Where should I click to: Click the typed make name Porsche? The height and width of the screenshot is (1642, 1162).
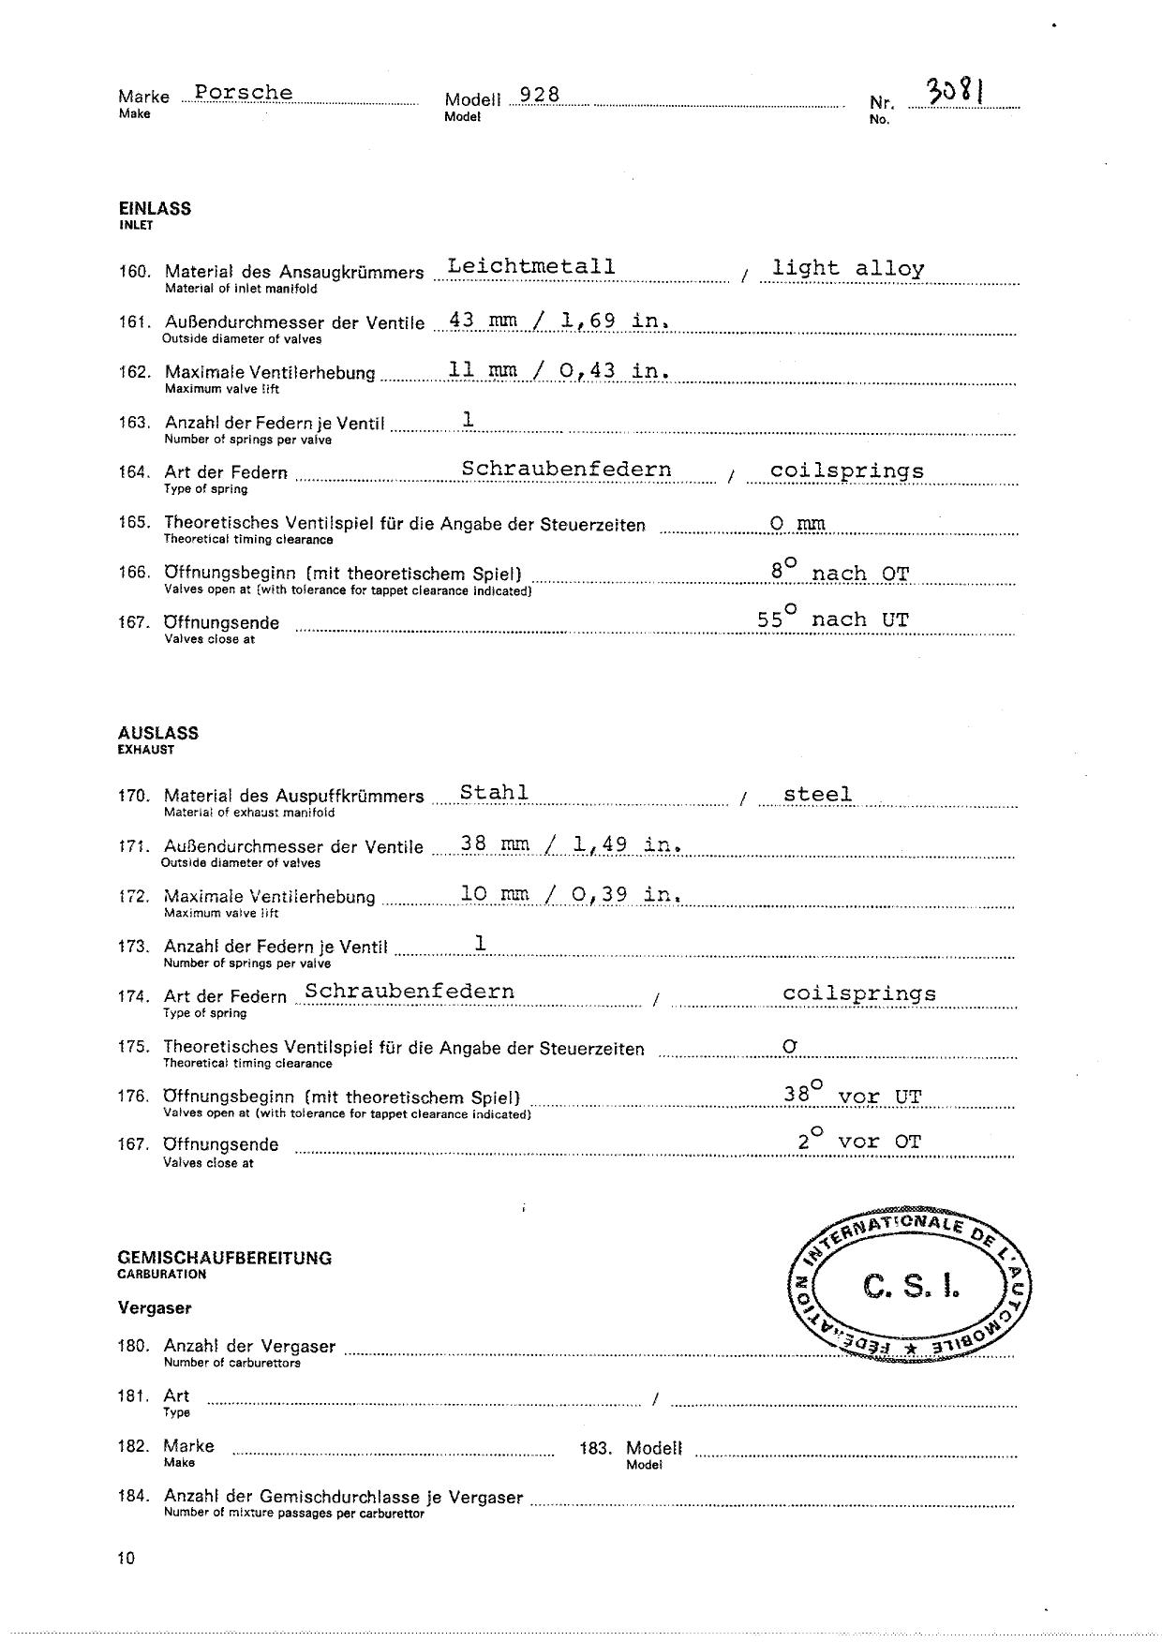click(x=244, y=93)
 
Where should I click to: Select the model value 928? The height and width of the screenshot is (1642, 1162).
click(x=540, y=95)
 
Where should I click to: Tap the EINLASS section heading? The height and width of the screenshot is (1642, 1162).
click(x=155, y=209)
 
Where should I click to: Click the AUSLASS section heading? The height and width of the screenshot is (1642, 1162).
click(x=158, y=733)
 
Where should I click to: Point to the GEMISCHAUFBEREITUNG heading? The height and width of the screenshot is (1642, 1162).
click(x=225, y=1258)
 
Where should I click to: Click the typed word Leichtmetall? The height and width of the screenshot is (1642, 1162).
click(x=531, y=266)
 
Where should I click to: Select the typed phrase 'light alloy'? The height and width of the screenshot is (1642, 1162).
click(x=848, y=268)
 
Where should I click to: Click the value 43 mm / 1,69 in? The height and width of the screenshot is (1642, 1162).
click(x=559, y=320)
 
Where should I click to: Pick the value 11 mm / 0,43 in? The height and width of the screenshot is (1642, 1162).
click(x=559, y=370)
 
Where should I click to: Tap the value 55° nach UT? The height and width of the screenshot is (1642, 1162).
click(x=833, y=619)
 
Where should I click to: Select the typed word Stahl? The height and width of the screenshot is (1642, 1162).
click(x=494, y=792)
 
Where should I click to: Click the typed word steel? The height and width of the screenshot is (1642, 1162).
click(x=818, y=795)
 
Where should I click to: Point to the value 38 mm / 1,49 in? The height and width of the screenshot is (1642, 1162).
click(x=570, y=843)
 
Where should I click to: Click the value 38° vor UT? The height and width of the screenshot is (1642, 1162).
click(x=853, y=1094)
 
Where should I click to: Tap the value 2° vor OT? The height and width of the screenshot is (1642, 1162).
click(x=859, y=1141)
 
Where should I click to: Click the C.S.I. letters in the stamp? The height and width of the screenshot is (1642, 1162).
click(x=911, y=1288)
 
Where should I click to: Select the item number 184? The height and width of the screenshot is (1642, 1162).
click(x=133, y=1497)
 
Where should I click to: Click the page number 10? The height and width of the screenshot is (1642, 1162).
click(x=127, y=1559)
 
